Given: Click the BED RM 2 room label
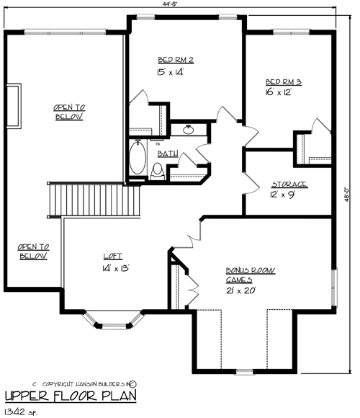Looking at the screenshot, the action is (x=176, y=60).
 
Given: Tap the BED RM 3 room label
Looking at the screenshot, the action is (x=284, y=82).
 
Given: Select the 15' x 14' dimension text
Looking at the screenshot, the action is (x=171, y=72).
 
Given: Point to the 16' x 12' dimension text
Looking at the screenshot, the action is (x=279, y=92).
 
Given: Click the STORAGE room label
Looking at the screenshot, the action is (x=289, y=184).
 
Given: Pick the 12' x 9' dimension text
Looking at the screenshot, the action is (x=282, y=195).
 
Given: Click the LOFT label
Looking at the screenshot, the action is (x=113, y=256).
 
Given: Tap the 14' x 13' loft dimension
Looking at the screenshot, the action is (x=116, y=268).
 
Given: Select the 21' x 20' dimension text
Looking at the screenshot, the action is (x=241, y=290).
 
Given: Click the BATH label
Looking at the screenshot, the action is (x=168, y=154).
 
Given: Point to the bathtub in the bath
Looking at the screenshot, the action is (x=138, y=157).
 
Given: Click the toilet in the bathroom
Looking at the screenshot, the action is (x=158, y=172).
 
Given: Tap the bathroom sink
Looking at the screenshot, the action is (x=189, y=130).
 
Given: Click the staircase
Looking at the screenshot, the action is (x=94, y=200).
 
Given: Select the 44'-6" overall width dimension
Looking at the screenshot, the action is (x=170, y=4).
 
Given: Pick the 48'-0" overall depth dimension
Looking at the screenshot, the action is (x=347, y=195).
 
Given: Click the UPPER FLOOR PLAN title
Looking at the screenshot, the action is (x=71, y=396).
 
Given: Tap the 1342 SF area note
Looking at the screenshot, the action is (x=21, y=412).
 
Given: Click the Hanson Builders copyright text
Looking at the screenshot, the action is (x=85, y=384).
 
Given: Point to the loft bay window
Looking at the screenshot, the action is (x=114, y=320).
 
